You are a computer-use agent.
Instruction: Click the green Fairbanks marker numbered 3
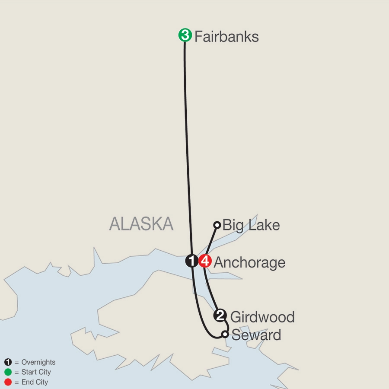pyautogui.click(x=185, y=35)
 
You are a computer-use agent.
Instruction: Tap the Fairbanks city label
pyautogui.click(x=226, y=36)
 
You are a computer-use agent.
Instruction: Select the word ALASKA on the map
pyautogui.click(x=141, y=224)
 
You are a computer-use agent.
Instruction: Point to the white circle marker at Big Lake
pyautogui.click(x=217, y=225)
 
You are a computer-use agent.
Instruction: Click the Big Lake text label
pyautogui.click(x=251, y=225)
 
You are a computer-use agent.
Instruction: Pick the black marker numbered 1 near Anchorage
pyautogui.click(x=191, y=261)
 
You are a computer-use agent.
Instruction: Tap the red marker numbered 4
pyautogui.click(x=205, y=261)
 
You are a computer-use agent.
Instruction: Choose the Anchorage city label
pyautogui.click(x=249, y=262)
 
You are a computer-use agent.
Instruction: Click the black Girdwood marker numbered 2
pyautogui.click(x=220, y=316)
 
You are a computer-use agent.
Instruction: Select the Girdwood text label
pyautogui.click(x=262, y=317)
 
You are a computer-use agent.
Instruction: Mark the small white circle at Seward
pyautogui.click(x=225, y=334)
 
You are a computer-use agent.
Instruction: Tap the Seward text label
pyautogui.click(x=256, y=335)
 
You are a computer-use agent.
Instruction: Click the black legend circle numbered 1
pyautogui.click(x=8, y=362)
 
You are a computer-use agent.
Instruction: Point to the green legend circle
pyautogui.click(x=8, y=372)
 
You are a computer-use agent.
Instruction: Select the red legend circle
pyautogui.click(x=8, y=382)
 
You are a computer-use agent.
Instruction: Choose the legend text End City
pyautogui.click(x=34, y=382)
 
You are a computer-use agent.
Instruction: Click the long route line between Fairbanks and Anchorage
pyautogui.click(x=187, y=151)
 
